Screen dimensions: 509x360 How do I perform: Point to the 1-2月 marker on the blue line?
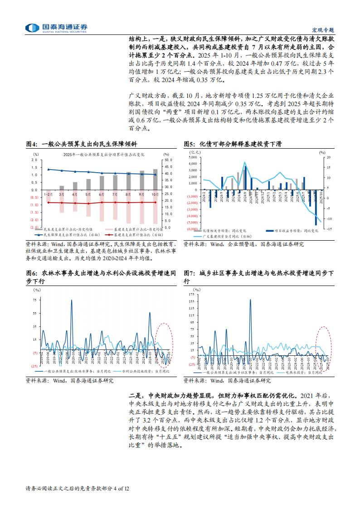[48, 169]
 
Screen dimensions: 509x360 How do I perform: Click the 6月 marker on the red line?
[102, 203]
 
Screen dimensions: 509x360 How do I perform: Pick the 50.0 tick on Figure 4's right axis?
[167, 160]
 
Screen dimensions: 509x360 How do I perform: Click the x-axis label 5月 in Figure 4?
[88, 194]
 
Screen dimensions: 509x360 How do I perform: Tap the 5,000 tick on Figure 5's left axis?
[192, 157]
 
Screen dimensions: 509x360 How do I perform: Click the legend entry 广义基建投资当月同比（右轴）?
[224, 237]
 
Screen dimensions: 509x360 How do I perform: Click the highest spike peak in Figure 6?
[71, 300]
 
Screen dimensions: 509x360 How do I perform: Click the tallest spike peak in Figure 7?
[250, 299]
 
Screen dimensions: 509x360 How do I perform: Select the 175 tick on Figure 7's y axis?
[192, 295]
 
